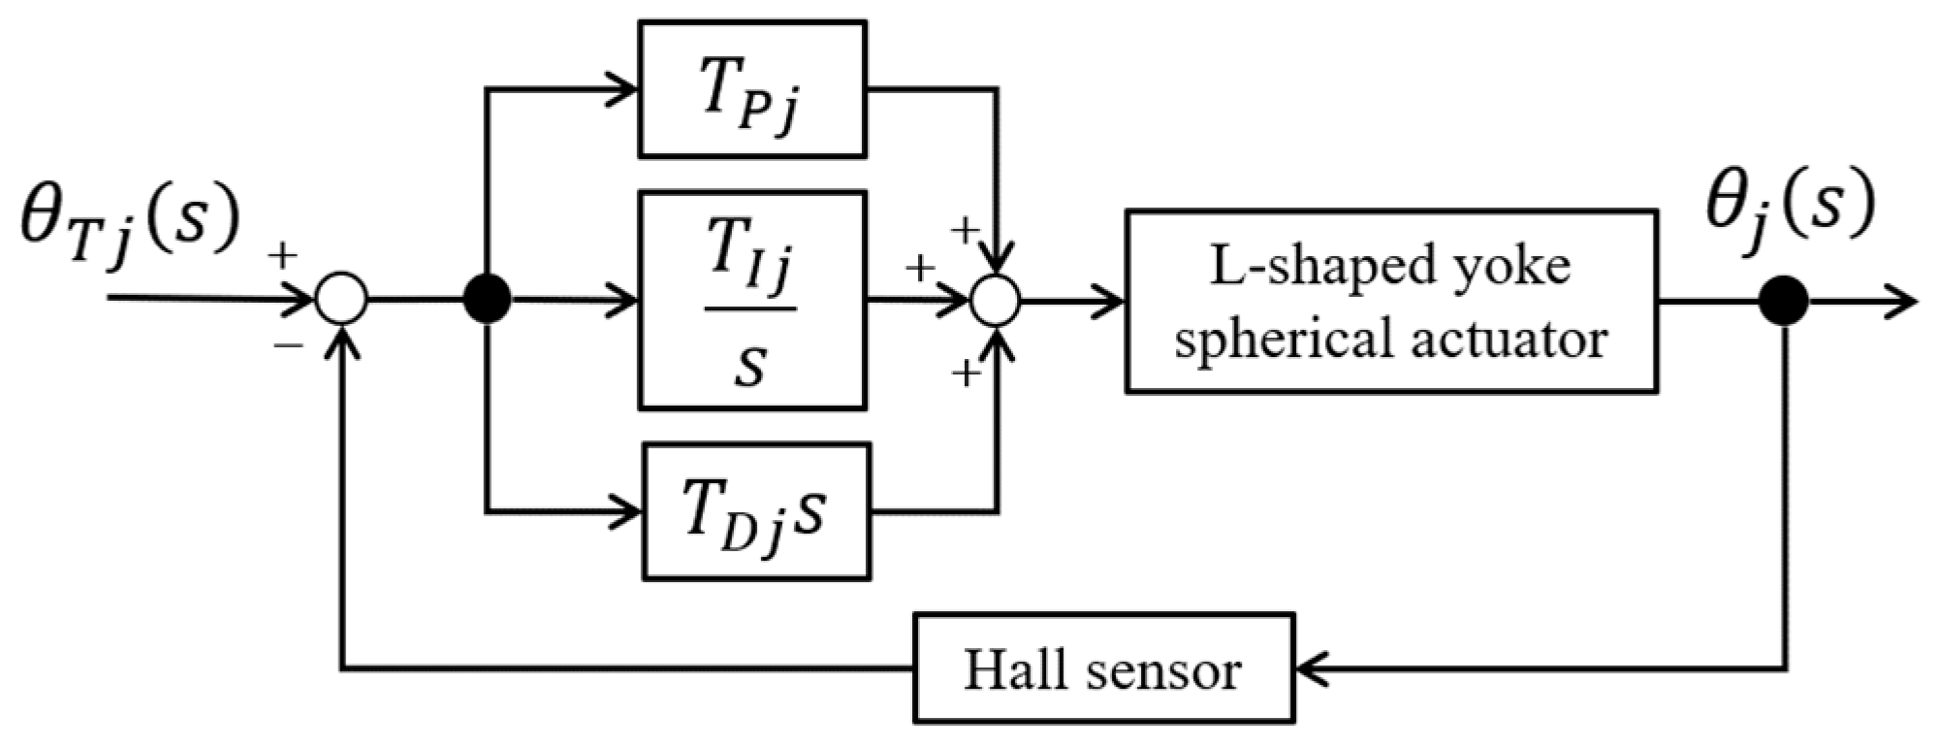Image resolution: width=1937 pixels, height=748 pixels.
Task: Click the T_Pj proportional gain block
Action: pyautogui.click(x=751, y=90)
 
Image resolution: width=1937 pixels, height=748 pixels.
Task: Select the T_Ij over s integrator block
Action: pyautogui.click(x=751, y=300)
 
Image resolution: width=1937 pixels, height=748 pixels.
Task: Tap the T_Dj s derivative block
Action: pyautogui.click(x=756, y=511)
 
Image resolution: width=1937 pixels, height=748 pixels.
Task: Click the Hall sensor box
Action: pyautogui.click(x=1103, y=668)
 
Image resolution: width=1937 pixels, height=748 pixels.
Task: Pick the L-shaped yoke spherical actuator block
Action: pyautogui.click(x=1390, y=301)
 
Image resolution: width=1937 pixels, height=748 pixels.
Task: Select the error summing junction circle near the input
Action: pyautogui.click(x=341, y=298)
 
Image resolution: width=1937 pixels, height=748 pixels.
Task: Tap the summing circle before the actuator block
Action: pyautogui.click(x=997, y=299)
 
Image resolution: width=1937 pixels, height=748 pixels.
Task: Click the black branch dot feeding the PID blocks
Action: pyautogui.click(x=487, y=299)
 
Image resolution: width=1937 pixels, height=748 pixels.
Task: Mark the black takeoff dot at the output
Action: pyautogui.click(x=1785, y=300)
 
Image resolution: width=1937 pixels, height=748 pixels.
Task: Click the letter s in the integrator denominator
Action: pyautogui.click(x=749, y=367)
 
